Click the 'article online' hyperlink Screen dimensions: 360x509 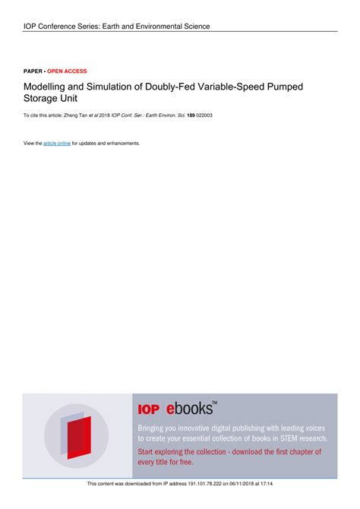click(57, 143)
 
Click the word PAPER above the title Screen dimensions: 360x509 click(33, 71)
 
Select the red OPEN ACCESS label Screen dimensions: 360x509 click(68, 71)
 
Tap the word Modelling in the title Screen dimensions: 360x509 click(45, 87)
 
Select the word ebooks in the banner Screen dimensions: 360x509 click(185, 409)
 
